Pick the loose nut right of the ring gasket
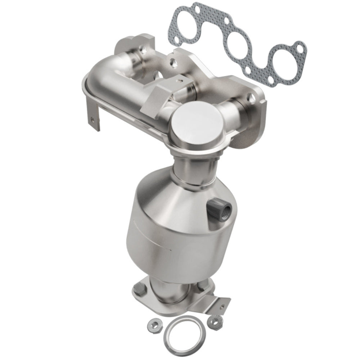point(215,320)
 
